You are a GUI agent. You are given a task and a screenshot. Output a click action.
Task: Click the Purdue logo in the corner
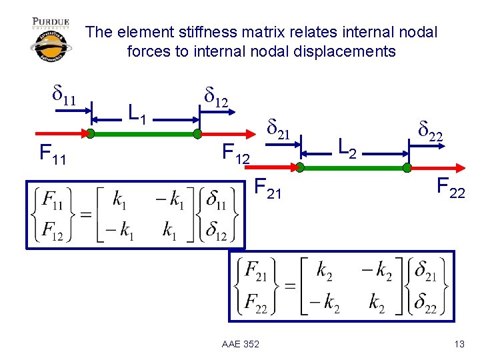(x=51, y=39)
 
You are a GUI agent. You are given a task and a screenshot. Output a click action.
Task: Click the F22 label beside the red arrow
(x=451, y=188)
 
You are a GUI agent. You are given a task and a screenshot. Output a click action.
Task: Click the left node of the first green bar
(x=90, y=134)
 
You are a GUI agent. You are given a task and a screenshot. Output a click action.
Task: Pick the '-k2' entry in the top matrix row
(x=375, y=272)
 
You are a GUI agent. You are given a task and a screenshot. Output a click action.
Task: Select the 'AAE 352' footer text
(x=241, y=343)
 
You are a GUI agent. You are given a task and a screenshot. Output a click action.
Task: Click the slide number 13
(x=459, y=343)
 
